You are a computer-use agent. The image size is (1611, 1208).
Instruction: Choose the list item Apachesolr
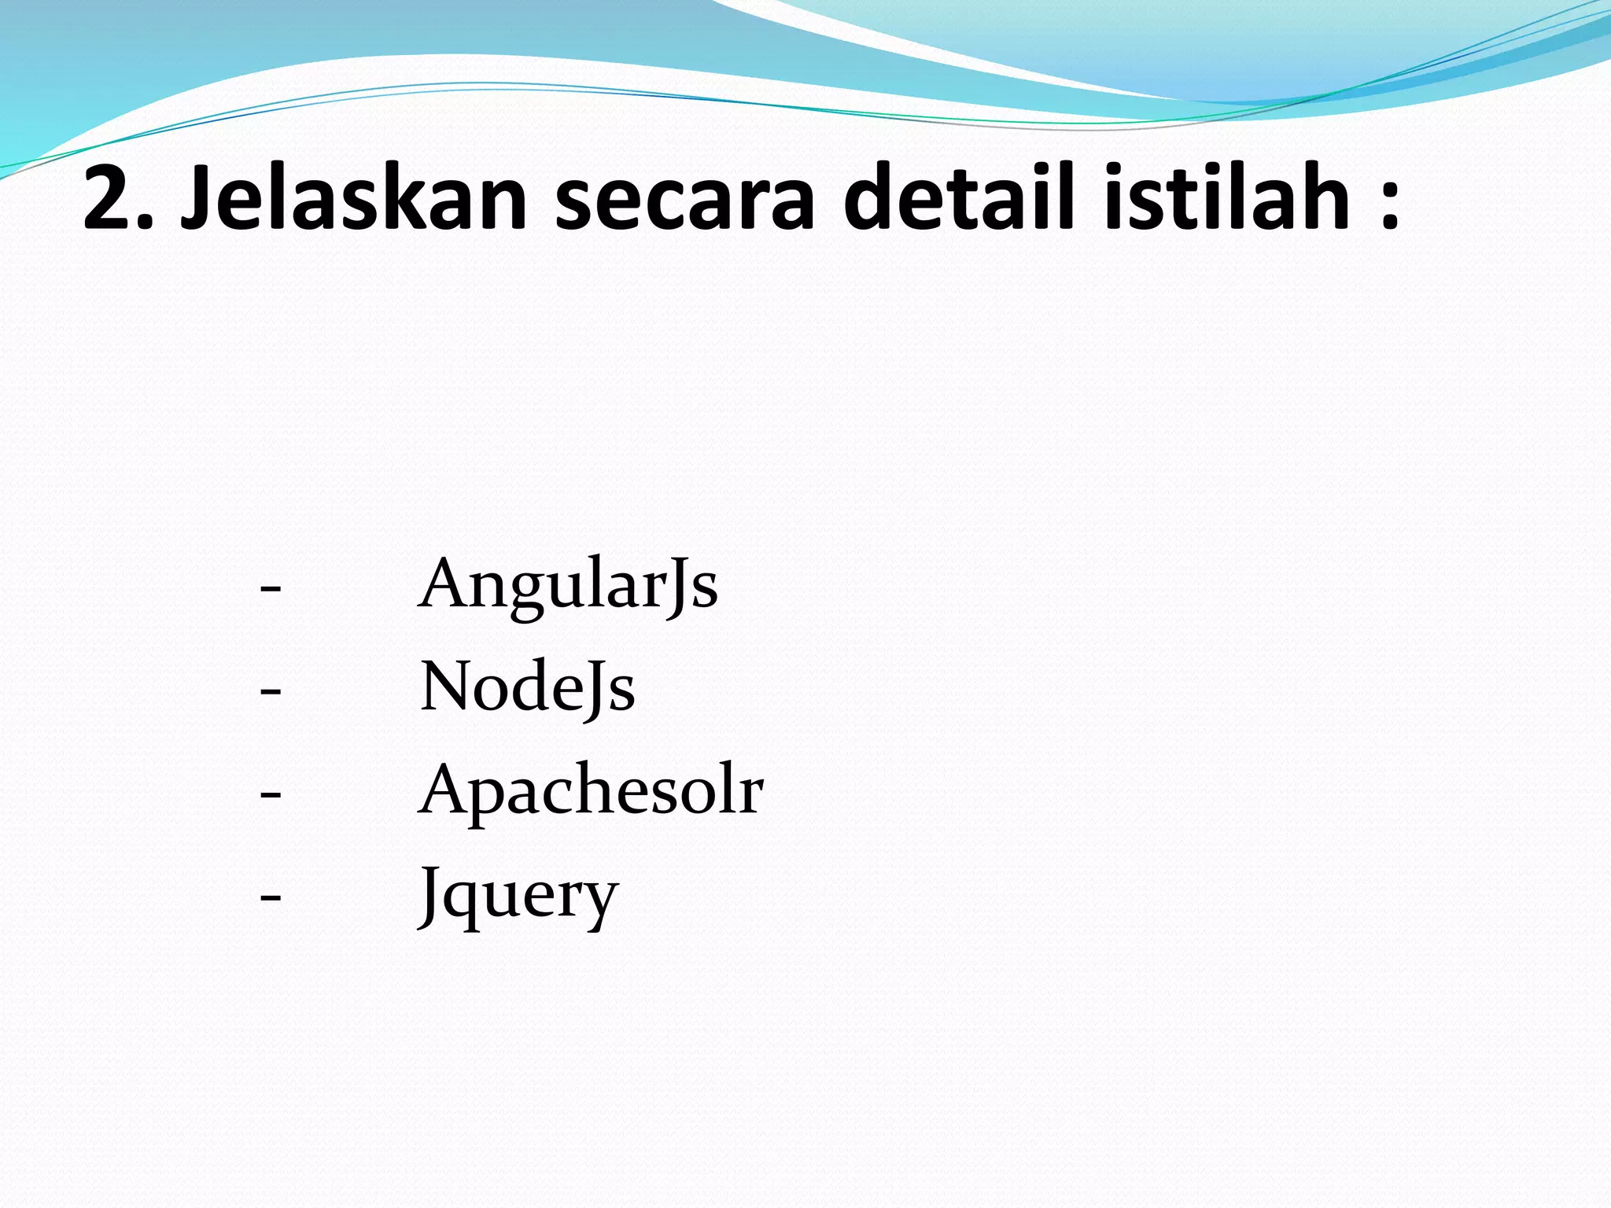(x=591, y=791)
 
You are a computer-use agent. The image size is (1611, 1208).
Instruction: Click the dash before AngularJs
(x=270, y=588)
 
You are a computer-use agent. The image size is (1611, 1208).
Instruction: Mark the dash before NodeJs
(x=270, y=691)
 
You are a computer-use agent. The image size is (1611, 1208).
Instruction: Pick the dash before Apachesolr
(x=270, y=794)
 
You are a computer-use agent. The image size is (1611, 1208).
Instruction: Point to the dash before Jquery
(x=270, y=897)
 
